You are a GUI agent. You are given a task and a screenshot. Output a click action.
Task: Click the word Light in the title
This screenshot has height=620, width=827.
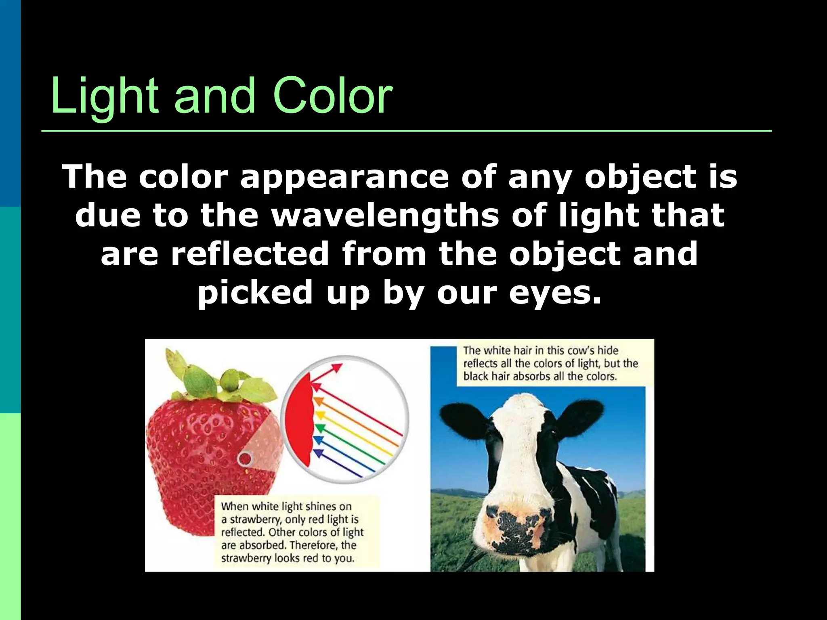(x=104, y=96)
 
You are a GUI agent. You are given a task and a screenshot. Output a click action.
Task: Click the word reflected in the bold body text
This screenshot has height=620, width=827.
(x=250, y=253)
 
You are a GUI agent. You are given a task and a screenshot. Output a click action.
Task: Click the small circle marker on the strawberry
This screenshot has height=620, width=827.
(x=245, y=459)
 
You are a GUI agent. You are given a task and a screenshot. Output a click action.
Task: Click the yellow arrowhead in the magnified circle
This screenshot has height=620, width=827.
(x=320, y=415)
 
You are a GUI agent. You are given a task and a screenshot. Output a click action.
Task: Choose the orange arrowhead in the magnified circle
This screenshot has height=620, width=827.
(x=319, y=402)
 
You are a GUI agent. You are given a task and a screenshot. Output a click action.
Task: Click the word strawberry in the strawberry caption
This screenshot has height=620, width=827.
(x=254, y=519)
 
